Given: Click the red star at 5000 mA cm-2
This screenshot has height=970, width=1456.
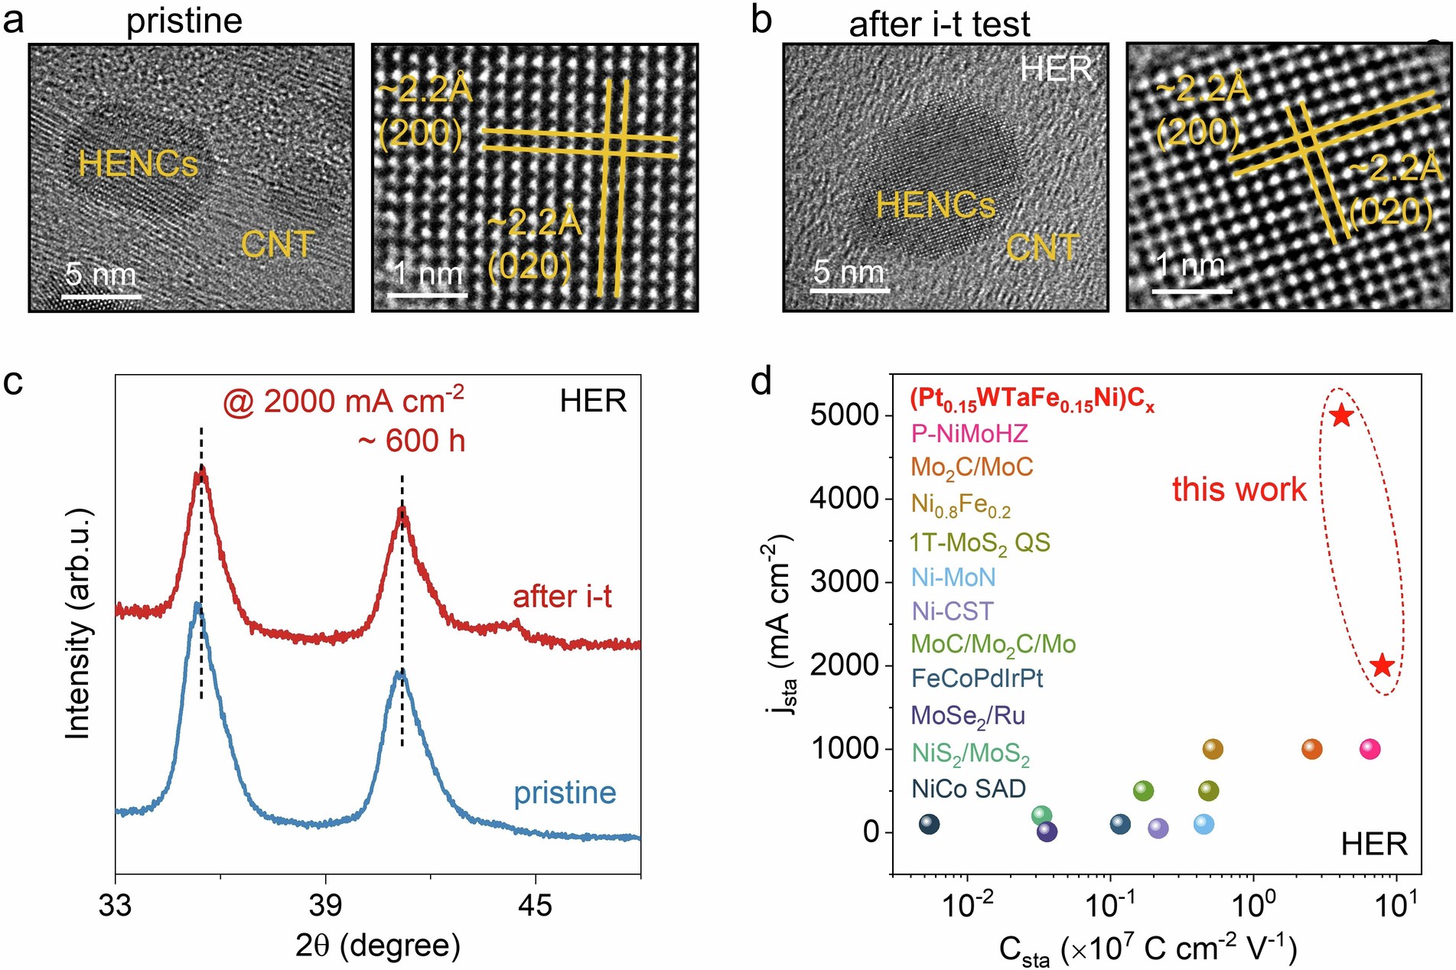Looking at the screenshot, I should tap(1341, 415).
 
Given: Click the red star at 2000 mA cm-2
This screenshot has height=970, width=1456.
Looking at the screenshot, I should tap(1382, 666).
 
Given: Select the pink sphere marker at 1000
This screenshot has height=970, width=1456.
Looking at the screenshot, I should tap(1370, 749).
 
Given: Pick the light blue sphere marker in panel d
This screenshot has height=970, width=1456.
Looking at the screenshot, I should tap(1204, 824).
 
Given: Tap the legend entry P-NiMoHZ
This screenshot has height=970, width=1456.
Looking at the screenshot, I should tap(969, 434).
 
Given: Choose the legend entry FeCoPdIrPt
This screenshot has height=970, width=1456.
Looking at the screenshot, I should tap(977, 678).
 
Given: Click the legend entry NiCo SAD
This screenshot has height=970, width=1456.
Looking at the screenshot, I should tap(969, 789).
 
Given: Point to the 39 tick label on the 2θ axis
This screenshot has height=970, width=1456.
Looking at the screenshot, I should tap(325, 906).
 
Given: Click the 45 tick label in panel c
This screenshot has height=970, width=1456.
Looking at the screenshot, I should tap(534, 906).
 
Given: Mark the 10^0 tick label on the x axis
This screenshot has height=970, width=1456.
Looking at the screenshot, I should tap(1253, 906).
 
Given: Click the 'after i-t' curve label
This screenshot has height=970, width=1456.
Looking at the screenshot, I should tap(562, 597).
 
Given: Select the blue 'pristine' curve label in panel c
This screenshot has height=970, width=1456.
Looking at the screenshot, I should tap(565, 793).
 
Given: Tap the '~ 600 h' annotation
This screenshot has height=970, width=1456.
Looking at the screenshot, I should tap(412, 441).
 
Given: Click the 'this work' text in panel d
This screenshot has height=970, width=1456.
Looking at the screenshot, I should tap(1239, 490).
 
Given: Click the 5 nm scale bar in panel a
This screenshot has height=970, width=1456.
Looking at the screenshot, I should tap(101, 295).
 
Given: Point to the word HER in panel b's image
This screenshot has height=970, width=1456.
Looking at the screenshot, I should tap(1056, 69).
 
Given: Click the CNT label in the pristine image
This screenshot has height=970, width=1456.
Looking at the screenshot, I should tap(277, 245).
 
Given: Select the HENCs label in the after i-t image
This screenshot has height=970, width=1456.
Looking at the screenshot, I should tap(935, 205).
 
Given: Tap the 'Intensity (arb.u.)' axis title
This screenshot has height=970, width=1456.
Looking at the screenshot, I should tap(78, 623).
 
